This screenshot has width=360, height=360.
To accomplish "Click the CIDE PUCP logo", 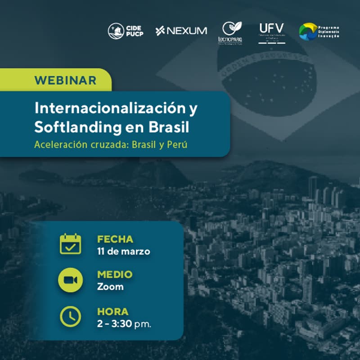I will pyautogui.click(x=126, y=31).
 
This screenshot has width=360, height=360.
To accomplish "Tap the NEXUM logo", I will pyautogui.click(x=181, y=31).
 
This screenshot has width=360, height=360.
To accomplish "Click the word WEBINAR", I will pyautogui.click(x=65, y=81).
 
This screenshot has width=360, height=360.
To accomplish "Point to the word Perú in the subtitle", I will pyautogui.click(x=177, y=146).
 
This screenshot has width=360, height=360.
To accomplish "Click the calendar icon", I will pyautogui.click(x=71, y=244).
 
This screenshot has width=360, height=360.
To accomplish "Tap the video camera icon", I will pyautogui.click(x=71, y=280).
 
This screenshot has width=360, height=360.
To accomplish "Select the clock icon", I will pyautogui.click(x=71, y=316).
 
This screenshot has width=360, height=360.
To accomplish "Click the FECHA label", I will pyautogui.click(x=115, y=239).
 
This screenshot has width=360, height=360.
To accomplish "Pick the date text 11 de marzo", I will pyautogui.click(x=123, y=251).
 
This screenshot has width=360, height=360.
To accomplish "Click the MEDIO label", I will pyautogui.click(x=115, y=274).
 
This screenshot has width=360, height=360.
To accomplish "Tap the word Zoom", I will pyautogui.click(x=110, y=287).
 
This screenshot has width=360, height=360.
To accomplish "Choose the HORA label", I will pyautogui.click(x=112, y=311).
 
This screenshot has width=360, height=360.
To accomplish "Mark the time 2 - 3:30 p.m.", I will pyautogui.click(x=124, y=324).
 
